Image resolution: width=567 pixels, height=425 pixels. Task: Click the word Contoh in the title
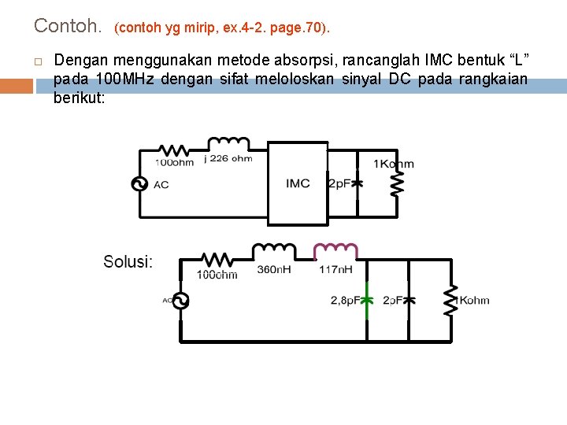click(x=67, y=26)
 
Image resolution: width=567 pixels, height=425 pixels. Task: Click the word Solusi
click(x=128, y=261)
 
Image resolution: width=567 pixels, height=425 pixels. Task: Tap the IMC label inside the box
click(x=298, y=183)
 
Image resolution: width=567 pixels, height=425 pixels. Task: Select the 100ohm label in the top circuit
click(x=174, y=163)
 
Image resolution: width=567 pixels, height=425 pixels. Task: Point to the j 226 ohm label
click(x=228, y=158)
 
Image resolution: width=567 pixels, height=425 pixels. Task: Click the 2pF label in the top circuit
click(x=339, y=183)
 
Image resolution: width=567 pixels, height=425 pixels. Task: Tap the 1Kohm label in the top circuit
click(x=393, y=164)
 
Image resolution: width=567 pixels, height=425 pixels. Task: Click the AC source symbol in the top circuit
click(x=143, y=183)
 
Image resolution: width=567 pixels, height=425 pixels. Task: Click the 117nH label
click(x=335, y=269)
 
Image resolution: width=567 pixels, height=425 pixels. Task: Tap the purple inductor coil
click(x=336, y=250)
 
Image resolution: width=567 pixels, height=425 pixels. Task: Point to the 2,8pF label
click(x=345, y=301)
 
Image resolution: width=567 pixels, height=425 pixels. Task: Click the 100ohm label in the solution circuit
click(x=217, y=275)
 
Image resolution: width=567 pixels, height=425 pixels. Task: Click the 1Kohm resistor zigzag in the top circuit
click(x=398, y=183)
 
